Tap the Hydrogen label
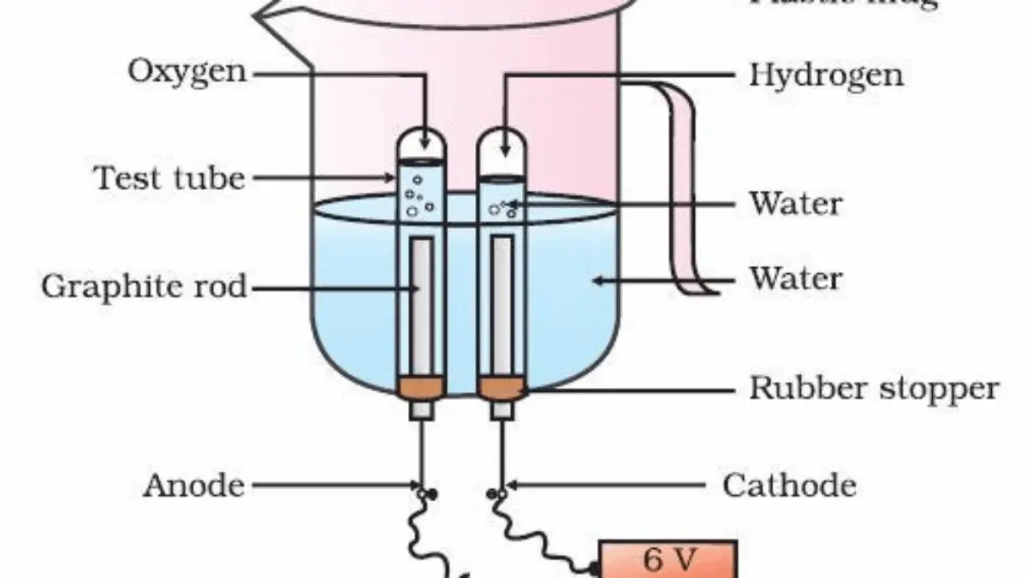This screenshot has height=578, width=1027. coord(826,75)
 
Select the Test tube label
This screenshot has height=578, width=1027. coord(169,179)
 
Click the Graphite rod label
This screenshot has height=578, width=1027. coord(143,287)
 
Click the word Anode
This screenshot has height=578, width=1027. coord(193,486)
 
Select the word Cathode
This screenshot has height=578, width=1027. coord(789,486)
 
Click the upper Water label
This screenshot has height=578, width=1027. coord(796,204)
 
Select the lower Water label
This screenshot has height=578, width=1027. coord(796,279)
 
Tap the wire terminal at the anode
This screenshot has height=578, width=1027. coord(426,493)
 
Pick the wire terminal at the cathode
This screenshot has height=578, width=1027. coord(495,493)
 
